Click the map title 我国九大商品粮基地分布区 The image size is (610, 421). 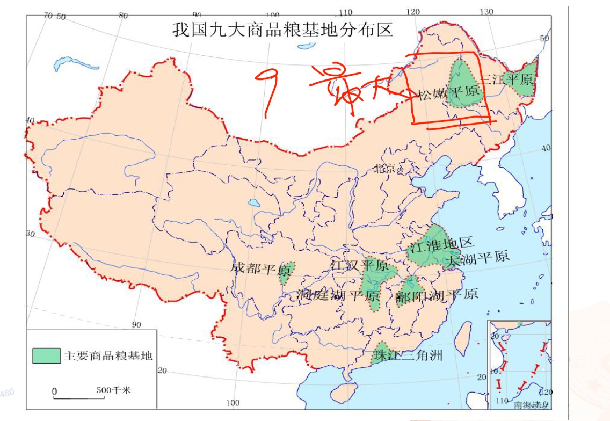pos(282,29)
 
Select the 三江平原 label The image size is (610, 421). pos(507,79)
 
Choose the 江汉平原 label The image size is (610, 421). pos(359,265)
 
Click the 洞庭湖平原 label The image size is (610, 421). pos(338,295)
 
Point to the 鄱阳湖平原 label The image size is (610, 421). pos(436,296)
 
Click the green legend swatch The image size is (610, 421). pos(46,355)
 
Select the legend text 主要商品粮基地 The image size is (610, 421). pos(108,356)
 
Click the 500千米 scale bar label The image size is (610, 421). pos(113,390)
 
